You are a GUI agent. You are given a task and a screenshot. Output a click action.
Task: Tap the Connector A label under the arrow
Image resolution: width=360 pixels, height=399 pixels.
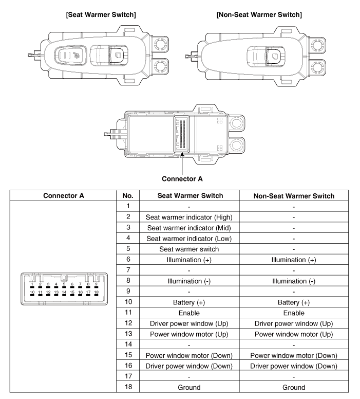click(182, 179)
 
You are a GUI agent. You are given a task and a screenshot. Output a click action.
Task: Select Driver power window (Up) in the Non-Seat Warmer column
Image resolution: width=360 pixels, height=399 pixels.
click(298, 325)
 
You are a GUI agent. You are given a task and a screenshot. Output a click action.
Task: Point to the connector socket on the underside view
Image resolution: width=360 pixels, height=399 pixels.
click(182, 133)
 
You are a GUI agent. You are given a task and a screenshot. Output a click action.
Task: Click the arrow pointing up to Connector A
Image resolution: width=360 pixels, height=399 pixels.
click(182, 162)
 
